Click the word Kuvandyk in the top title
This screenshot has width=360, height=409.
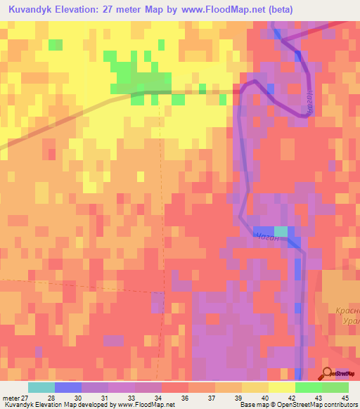point(30,9)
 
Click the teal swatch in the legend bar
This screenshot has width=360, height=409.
point(41,387)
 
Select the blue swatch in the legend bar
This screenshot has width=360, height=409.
point(68,387)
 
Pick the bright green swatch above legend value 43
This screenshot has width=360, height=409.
point(309,387)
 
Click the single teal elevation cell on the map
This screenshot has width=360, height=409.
point(281,231)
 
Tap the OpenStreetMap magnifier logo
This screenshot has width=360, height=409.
point(328,373)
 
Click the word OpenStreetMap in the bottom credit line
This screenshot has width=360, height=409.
point(295,405)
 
